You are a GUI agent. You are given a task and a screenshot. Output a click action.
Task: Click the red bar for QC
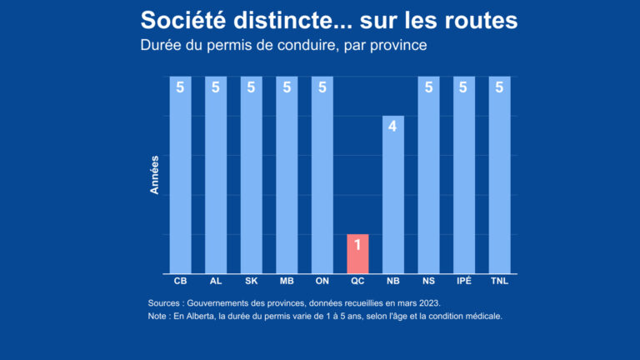click(357, 254)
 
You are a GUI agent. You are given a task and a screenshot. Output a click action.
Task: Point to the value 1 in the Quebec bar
click(357, 245)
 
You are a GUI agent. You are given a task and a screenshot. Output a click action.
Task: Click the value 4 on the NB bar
click(392, 127)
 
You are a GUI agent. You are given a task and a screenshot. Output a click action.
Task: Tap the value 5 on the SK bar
click(251, 87)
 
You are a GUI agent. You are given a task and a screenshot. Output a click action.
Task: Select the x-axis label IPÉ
click(464, 282)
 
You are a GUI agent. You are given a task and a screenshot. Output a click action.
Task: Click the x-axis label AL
click(216, 282)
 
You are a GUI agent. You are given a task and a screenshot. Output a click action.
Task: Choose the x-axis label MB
click(287, 282)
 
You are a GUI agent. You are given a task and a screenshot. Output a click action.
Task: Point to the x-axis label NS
click(428, 282)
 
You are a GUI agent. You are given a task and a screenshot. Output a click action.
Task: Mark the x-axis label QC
click(357, 282)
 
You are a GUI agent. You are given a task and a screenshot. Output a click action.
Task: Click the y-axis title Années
click(154, 175)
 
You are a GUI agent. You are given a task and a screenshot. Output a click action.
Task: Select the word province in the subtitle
click(398, 45)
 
